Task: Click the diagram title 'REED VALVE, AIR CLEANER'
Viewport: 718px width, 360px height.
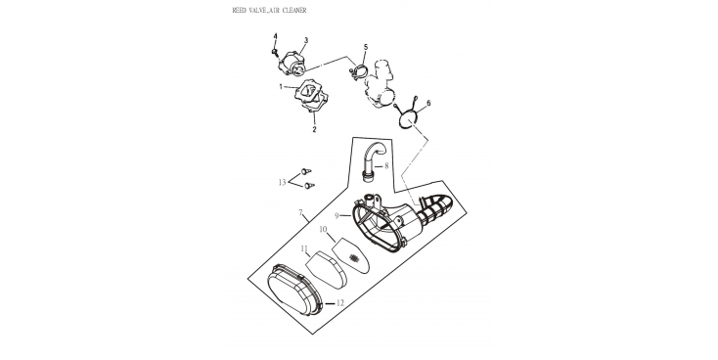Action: (x=269, y=10)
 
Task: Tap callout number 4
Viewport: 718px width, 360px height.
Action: (x=276, y=36)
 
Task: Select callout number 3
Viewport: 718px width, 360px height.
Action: (x=306, y=40)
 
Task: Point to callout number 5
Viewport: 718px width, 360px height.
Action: (x=366, y=47)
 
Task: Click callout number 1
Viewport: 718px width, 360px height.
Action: (x=281, y=86)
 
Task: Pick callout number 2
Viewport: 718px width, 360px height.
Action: (x=314, y=129)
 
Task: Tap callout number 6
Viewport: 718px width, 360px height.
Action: (x=428, y=104)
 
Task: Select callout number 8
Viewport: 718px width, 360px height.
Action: (x=386, y=165)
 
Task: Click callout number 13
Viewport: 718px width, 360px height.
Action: (x=282, y=183)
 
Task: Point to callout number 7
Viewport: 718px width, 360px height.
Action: (x=301, y=212)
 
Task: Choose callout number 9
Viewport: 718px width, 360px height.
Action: (x=337, y=215)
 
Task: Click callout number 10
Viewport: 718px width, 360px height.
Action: (x=323, y=229)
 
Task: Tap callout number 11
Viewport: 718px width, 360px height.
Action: (x=304, y=248)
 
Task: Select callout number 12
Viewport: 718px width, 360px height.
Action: (x=339, y=302)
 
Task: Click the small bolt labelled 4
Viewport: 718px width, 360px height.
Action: (x=275, y=52)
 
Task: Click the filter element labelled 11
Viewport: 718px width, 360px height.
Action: (x=326, y=270)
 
